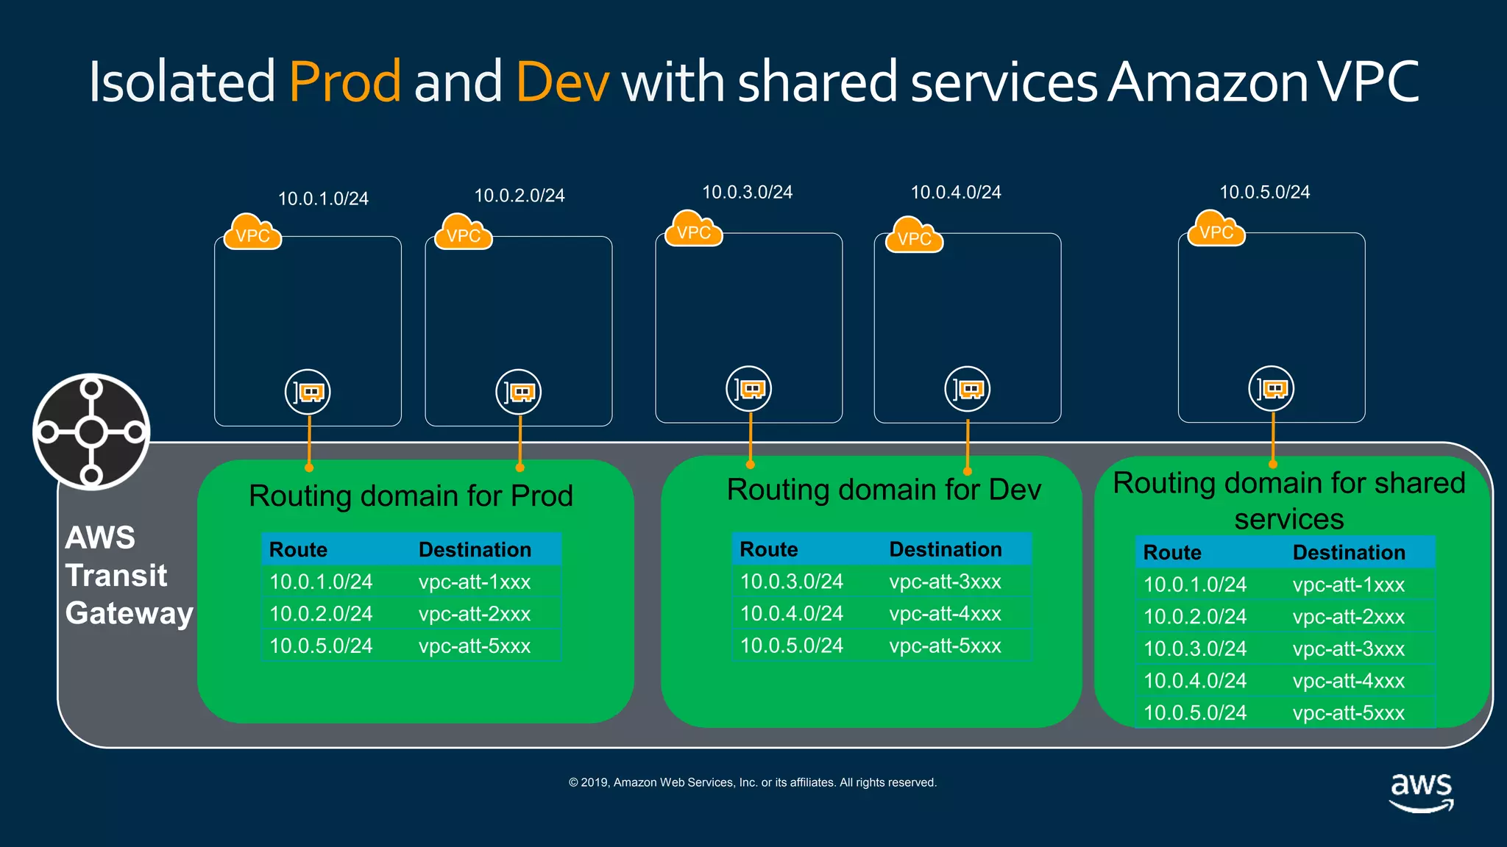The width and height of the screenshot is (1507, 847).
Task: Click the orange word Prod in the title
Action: (x=344, y=81)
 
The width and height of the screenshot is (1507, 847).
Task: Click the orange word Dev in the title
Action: (x=562, y=81)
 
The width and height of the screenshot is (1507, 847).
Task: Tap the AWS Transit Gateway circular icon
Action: (x=91, y=432)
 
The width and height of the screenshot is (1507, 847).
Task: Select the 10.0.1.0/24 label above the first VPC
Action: (x=323, y=199)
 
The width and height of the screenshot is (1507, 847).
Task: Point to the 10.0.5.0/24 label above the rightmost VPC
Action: (x=1264, y=193)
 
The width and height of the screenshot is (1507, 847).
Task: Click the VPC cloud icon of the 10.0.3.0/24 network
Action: (x=693, y=229)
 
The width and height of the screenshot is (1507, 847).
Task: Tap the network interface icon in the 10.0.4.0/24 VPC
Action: (x=967, y=389)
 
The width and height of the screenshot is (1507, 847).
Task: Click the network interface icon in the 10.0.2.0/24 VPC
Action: (x=518, y=392)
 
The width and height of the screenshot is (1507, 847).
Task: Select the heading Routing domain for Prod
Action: (x=411, y=496)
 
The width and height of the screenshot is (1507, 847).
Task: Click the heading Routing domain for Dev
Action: (x=884, y=490)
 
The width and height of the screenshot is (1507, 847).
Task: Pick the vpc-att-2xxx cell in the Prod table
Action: (x=475, y=614)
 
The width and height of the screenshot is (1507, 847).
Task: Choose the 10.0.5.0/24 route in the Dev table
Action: (x=791, y=646)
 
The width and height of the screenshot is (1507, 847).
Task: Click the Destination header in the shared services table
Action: (x=1348, y=552)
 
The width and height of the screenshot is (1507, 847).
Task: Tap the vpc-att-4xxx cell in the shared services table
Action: (x=1348, y=681)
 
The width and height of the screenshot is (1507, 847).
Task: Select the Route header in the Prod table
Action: (x=298, y=549)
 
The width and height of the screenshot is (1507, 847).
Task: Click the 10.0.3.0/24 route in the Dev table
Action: (x=791, y=582)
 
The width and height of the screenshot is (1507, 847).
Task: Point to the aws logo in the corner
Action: (x=1421, y=791)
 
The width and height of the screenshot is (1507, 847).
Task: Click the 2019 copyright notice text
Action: (x=752, y=782)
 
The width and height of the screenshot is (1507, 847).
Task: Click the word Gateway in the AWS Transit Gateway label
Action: (x=129, y=613)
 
